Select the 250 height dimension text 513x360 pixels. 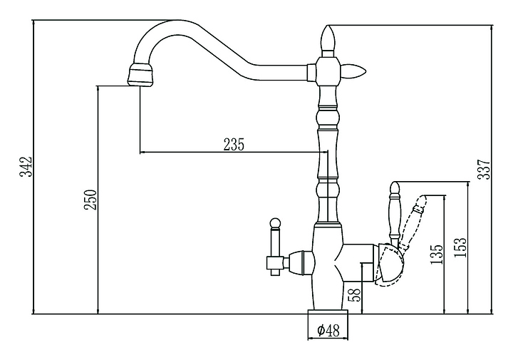coord(90,201)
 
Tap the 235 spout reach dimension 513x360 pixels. coord(234,144)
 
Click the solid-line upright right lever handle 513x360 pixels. coord(394,211)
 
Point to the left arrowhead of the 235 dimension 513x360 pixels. coord(142,152)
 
